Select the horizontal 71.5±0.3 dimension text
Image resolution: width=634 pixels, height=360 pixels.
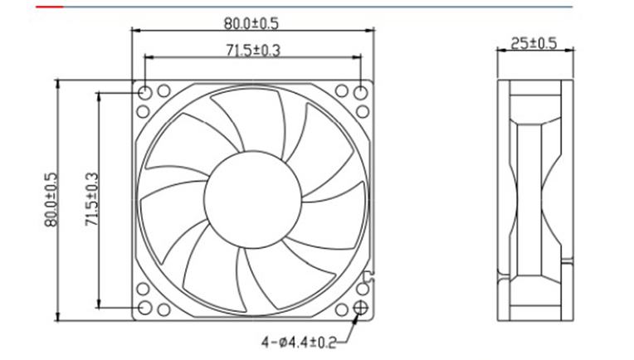click(252, 51)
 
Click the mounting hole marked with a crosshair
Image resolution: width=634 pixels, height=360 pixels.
click(362, 309)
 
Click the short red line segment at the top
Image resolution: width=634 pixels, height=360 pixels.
click(50, 7)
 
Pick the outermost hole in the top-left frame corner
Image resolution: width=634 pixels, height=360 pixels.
click(144, 91)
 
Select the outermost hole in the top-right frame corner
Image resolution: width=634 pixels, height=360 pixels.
click(362, 91)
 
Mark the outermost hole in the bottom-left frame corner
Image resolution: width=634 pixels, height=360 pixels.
click(144, 309)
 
